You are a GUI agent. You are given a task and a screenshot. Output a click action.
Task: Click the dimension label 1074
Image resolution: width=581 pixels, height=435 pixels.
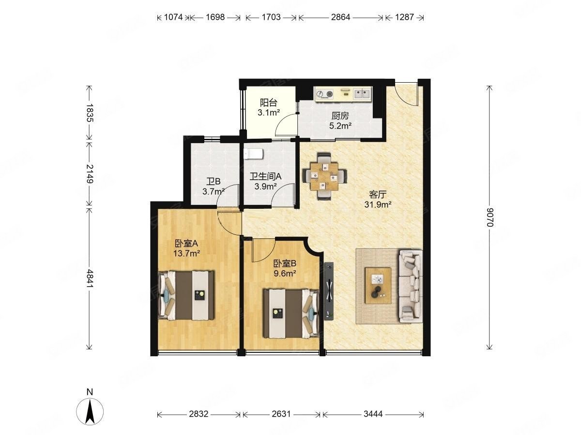point(173,17)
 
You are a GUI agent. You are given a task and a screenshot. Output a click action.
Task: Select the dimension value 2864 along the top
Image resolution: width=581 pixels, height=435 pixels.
point(340,17)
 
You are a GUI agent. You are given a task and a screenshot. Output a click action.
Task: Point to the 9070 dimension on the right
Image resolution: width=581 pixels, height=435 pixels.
point(489,217)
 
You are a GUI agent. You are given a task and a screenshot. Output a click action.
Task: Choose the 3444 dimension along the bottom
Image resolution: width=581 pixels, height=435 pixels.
point(373,414)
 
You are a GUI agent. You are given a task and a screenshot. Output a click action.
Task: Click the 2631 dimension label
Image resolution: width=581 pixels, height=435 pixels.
point(281,414)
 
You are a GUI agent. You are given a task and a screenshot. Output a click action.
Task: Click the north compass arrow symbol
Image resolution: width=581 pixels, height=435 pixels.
point(90,411)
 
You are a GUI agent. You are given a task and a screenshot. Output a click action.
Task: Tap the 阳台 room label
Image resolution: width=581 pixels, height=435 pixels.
point(268,102)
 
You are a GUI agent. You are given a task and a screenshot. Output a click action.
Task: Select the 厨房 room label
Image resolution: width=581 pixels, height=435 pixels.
point(340,116)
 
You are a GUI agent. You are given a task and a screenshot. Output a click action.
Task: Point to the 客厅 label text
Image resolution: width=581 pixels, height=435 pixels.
point(378,195)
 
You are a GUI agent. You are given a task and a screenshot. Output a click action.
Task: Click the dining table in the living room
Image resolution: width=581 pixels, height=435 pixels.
point(324,176)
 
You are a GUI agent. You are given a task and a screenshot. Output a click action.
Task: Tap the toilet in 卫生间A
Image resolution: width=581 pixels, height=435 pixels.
point(253,154)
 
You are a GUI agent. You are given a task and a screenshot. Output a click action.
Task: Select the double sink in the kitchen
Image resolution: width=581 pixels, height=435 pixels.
point(362,94)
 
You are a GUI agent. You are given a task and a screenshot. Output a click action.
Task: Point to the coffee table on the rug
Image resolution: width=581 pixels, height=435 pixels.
point(378,286)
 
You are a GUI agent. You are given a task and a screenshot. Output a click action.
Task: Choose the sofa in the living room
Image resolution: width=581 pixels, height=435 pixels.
point(410,286)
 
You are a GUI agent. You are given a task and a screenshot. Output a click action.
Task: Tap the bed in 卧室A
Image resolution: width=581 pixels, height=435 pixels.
point(186,295)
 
